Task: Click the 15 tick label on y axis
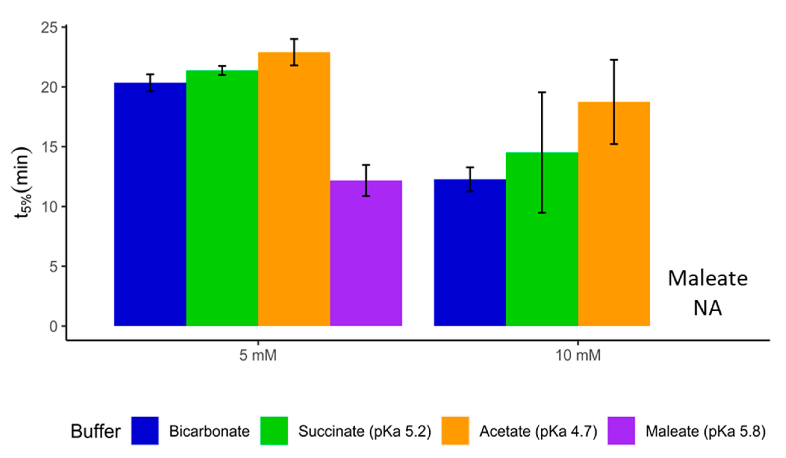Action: pyautogui.click(x=49, y=147)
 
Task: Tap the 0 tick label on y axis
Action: pyautogui.click(x=53, y=327)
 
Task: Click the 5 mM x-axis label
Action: pyautogui.click(x=258, y=356)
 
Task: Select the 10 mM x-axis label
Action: pyautogui.click(x=578, y=356)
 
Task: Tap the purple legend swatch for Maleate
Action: pyautogui.click(x=621, y=431)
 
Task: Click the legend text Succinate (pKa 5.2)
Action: pyautogui.click(x=365, y=431)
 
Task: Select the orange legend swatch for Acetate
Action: pyautogui.click(x=455, y=431)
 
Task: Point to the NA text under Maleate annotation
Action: pyautogui.click(x=707, y=308)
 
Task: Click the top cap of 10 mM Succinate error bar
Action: pyautogui.click(x=542, y=93)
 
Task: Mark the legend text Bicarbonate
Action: pyautogui.click(x=209, y=431)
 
